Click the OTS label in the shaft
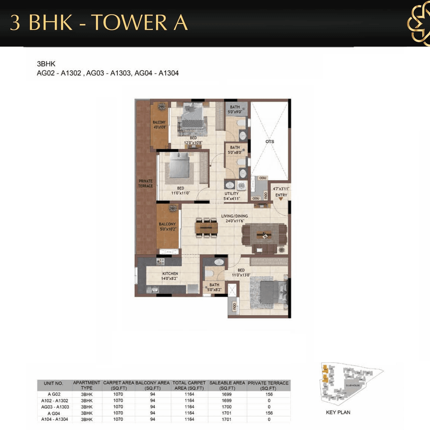tap(269, 141)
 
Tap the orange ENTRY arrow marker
tap(281, 199)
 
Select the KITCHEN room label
tap(170, 274)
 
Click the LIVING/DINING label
tap(234, 216)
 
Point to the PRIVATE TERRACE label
tap(145, 183)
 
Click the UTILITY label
tap(231, 194)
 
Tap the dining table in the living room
tap(206, 228)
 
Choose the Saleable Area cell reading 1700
tap(227, 407)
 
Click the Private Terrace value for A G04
tap(269, 413)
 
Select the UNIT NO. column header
tap(53, 383)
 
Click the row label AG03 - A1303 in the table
tap(55, 407)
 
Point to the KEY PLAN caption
tap(338, 412)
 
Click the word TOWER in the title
tap(129, 23)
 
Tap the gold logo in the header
tap(419, 24)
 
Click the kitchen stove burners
tap(160, 261)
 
